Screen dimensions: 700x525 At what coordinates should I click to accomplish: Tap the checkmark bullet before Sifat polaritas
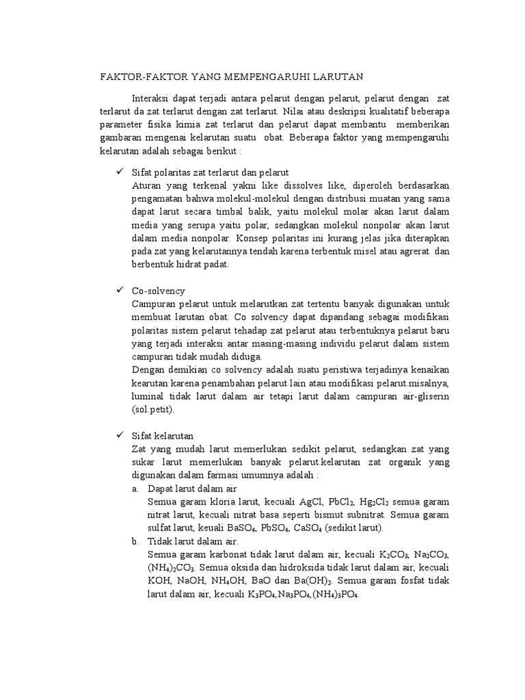[117, 172]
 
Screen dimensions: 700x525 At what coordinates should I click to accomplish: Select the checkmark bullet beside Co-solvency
[117, 291]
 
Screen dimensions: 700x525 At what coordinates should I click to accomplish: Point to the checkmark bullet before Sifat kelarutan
[117, 435]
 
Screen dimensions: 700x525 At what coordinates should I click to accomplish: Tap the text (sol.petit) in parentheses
[154, 410]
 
